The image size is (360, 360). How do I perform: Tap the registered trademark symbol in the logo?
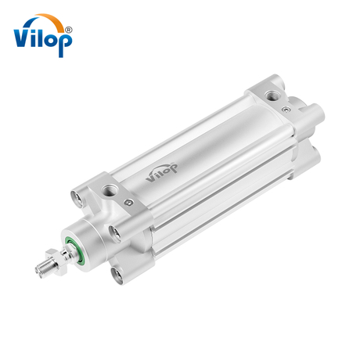coord(69,30)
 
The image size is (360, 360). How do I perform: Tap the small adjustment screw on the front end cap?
coord(126,202)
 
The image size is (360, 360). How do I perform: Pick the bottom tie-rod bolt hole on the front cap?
coord(120,275)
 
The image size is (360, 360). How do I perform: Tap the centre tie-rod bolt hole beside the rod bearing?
coord(116,229)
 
